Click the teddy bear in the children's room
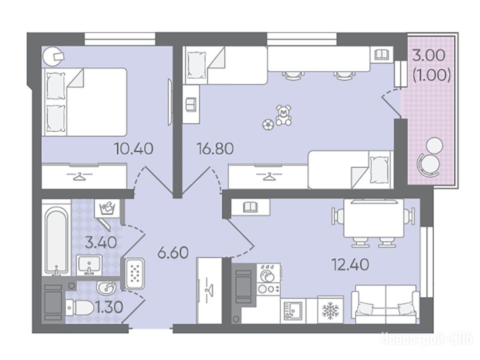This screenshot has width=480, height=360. point(283,115)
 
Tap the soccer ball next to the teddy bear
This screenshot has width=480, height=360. point(268,125)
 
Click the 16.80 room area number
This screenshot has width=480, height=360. point(215,149)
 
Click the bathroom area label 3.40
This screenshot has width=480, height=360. point(101,242)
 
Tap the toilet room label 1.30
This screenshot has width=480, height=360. point(109,307)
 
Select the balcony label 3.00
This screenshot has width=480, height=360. point(428,55)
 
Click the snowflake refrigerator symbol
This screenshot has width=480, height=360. point(330,310)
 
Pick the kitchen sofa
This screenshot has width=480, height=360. point(385,304)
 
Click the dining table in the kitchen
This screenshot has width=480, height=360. point(374,218)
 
